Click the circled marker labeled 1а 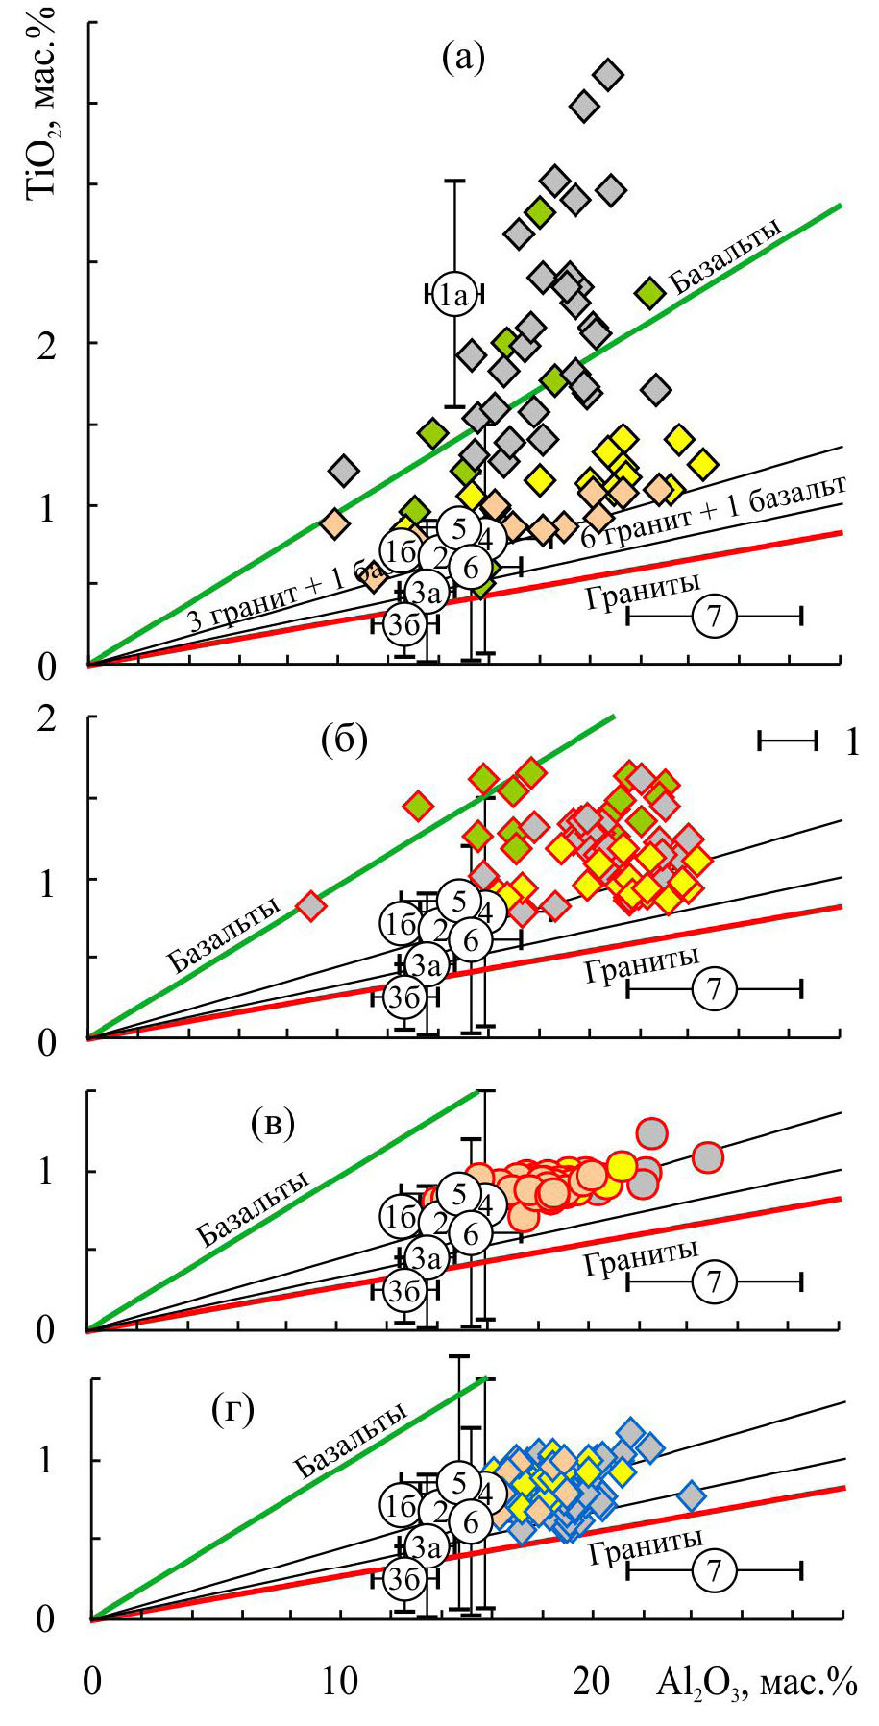[x=453, y=294]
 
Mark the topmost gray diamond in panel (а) [x=608, y=74]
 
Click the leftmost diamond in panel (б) [x=310, y=905]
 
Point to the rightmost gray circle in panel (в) [x=708, y=1157]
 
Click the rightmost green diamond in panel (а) [x=650, y=292]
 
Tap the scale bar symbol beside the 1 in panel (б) [x=787, y=740]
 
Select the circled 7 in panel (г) [x=713, y=1571]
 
